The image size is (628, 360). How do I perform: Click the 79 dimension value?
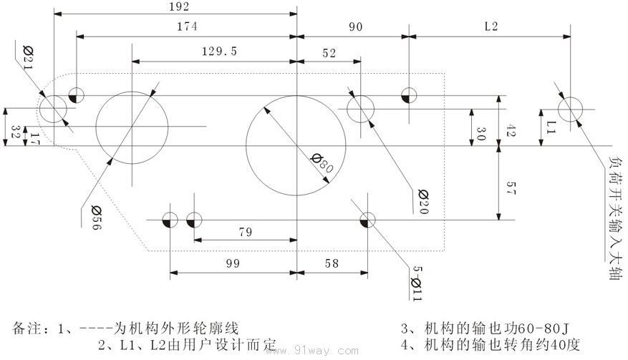tap(246, 232)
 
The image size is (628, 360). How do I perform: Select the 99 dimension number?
tap(232, 263)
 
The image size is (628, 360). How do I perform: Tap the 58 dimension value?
tap(332, 263)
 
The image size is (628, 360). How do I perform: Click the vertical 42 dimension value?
tap(511, 130)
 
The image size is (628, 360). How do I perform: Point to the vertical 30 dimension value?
tap(480, 134)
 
